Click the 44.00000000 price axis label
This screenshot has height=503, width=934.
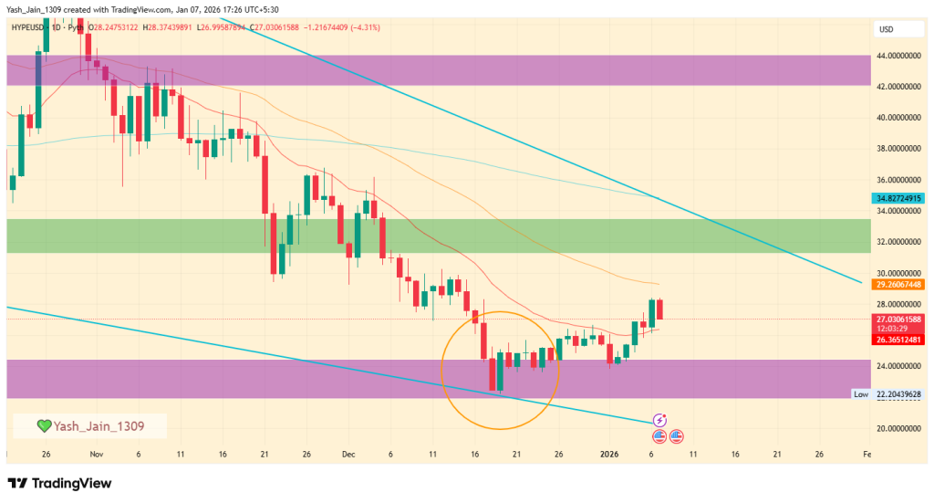(x=898, y=56)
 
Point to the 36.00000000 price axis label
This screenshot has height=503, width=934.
(x=898, y=180)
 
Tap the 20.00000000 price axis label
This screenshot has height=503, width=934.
(x=898, y=428)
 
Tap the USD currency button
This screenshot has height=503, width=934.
(x=886, y=29)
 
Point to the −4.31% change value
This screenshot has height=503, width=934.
(x=363, y=28)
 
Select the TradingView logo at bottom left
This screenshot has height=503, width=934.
(x=59, y=483)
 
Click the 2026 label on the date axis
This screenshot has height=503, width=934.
(x=609, y=454)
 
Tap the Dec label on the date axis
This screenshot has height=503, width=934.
(x=348, y=454)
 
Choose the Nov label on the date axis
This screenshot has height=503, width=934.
(x=97, y=454)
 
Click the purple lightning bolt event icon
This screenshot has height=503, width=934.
(x=660, y=421)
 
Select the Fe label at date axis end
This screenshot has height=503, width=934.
(x=866, y=454)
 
